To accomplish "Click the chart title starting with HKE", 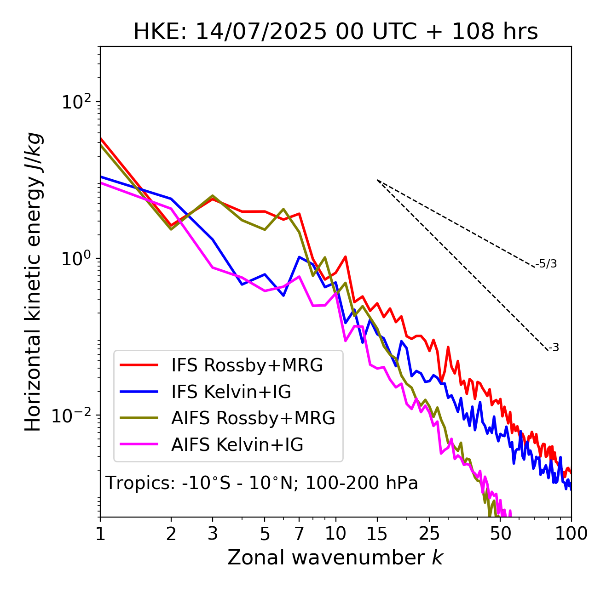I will tap(335, 32).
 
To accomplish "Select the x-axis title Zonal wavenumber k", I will tap(335, 558).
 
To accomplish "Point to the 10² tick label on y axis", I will tap(76, 102).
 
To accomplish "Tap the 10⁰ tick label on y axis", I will tap(76, 258).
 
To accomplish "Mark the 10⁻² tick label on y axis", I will tap(74, 416).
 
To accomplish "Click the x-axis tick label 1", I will tap(100, 534).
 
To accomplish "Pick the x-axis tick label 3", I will tap(213, 534).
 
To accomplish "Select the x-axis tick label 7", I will tap(299, 534).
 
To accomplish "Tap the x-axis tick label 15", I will tap(377, 534).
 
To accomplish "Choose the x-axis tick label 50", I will tap(500, 534).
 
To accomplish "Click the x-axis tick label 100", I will tap(571, 534).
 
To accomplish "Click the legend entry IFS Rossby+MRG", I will tap(247, 365).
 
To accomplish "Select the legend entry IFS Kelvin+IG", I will tap(231, 392).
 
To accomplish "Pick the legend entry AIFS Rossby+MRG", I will tap(253, 418).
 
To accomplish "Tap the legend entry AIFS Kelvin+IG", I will tap(237, 445).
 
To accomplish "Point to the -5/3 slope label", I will tap(546, 264).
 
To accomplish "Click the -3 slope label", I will tap(554, 348).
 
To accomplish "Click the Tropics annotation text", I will tap(261, 483).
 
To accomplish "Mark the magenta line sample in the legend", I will tap(139, 444).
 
